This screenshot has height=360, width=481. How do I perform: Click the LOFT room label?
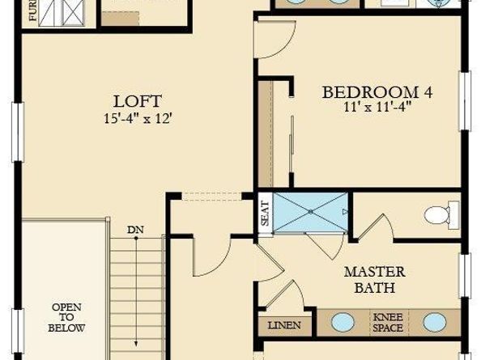(138, 102)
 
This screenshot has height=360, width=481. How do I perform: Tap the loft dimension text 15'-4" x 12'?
(138, 117)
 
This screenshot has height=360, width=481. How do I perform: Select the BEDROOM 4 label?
(377, 92)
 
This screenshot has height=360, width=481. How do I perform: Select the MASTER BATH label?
(374, 279)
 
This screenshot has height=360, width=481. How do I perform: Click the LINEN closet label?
(284, 325)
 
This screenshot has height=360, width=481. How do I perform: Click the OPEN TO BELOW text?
(66, 318)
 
